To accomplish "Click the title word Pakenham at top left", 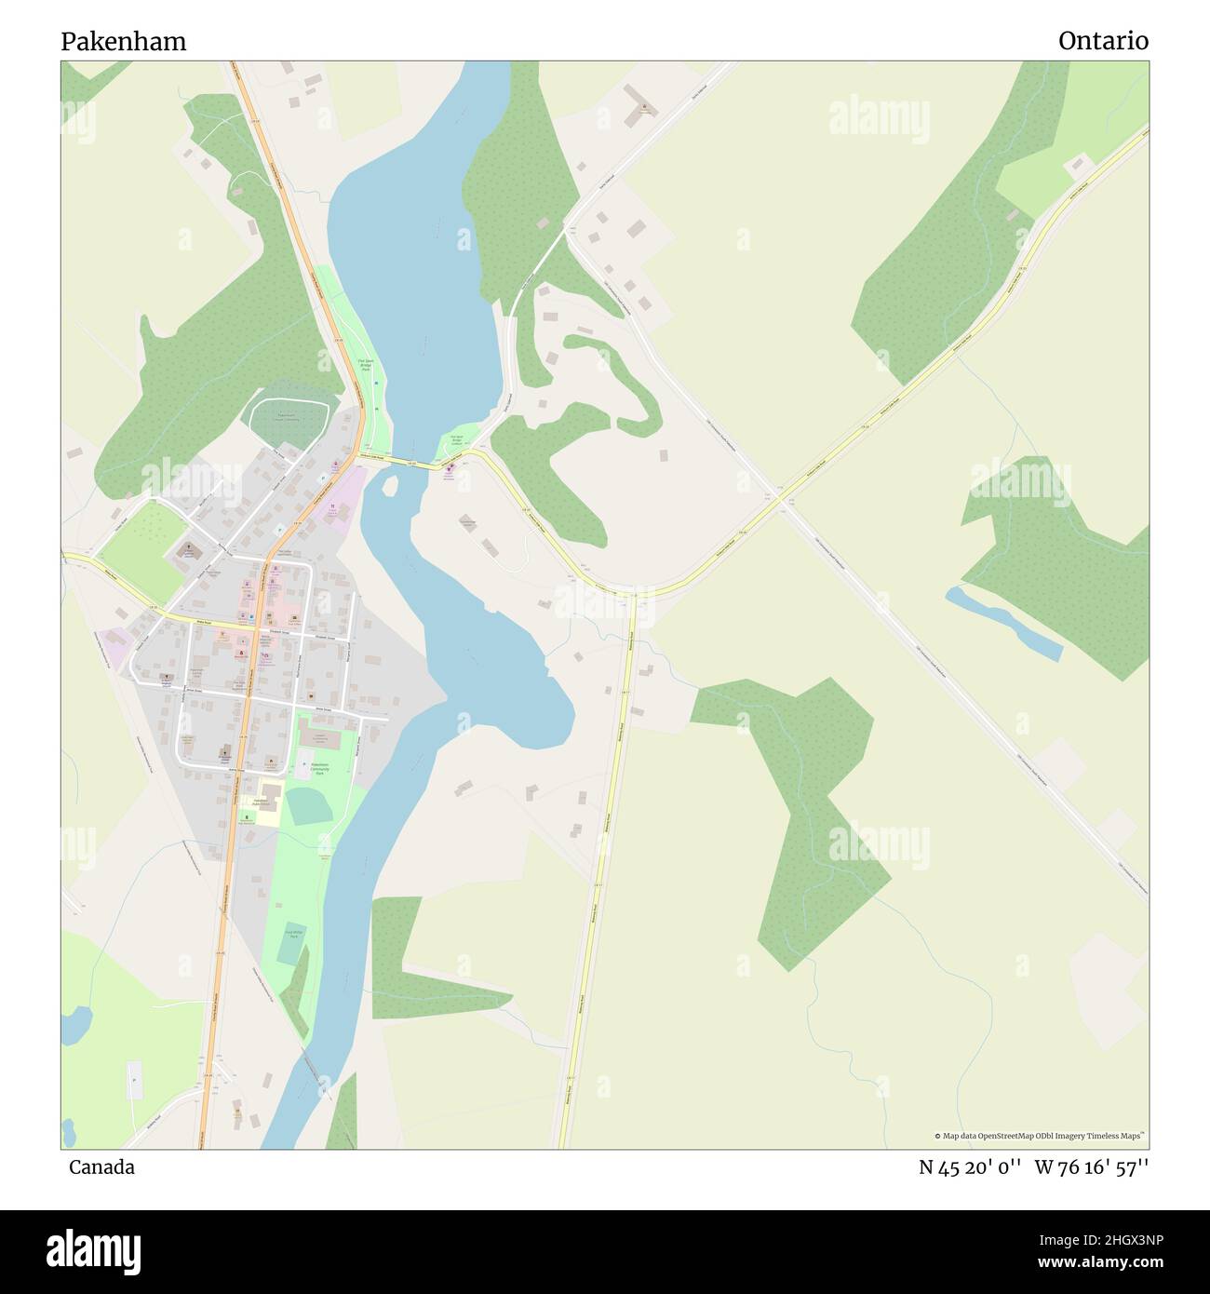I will [x=123, y=41].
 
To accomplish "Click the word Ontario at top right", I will [x=1103, y=41].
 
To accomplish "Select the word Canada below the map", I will [x=101, y=1166].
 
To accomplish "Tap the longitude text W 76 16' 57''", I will [x=1092, y=1167].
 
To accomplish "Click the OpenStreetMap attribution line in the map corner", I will [x=1041, y=1136].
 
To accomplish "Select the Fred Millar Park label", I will [x=291, y=934].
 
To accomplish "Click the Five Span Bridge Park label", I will [x=365, y=366].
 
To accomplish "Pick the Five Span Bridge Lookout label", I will [x=456, y=441].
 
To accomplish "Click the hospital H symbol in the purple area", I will [x=330, y=506].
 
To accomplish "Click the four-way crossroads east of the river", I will [x=780, y=499].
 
